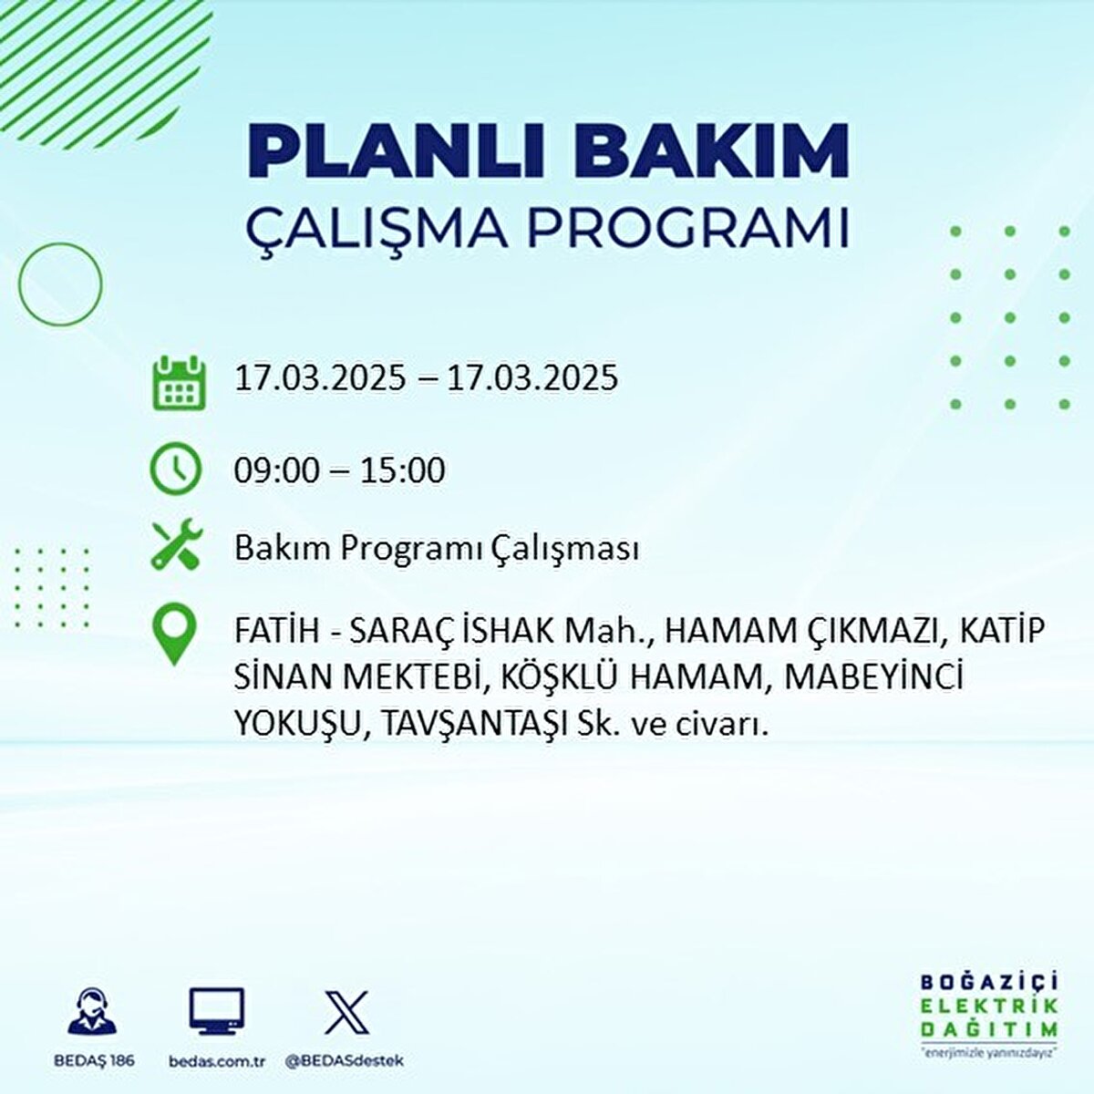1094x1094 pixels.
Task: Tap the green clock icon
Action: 175,469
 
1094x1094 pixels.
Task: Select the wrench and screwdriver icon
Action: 175,546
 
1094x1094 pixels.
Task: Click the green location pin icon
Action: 174,635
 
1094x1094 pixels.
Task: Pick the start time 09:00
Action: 277,470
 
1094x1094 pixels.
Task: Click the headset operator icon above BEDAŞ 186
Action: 93,1012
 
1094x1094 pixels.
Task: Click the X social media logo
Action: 346,1012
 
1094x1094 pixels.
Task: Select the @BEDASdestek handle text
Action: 345,1061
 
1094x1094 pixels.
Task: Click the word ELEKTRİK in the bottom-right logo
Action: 989,1006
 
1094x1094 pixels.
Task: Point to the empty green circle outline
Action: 60,284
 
